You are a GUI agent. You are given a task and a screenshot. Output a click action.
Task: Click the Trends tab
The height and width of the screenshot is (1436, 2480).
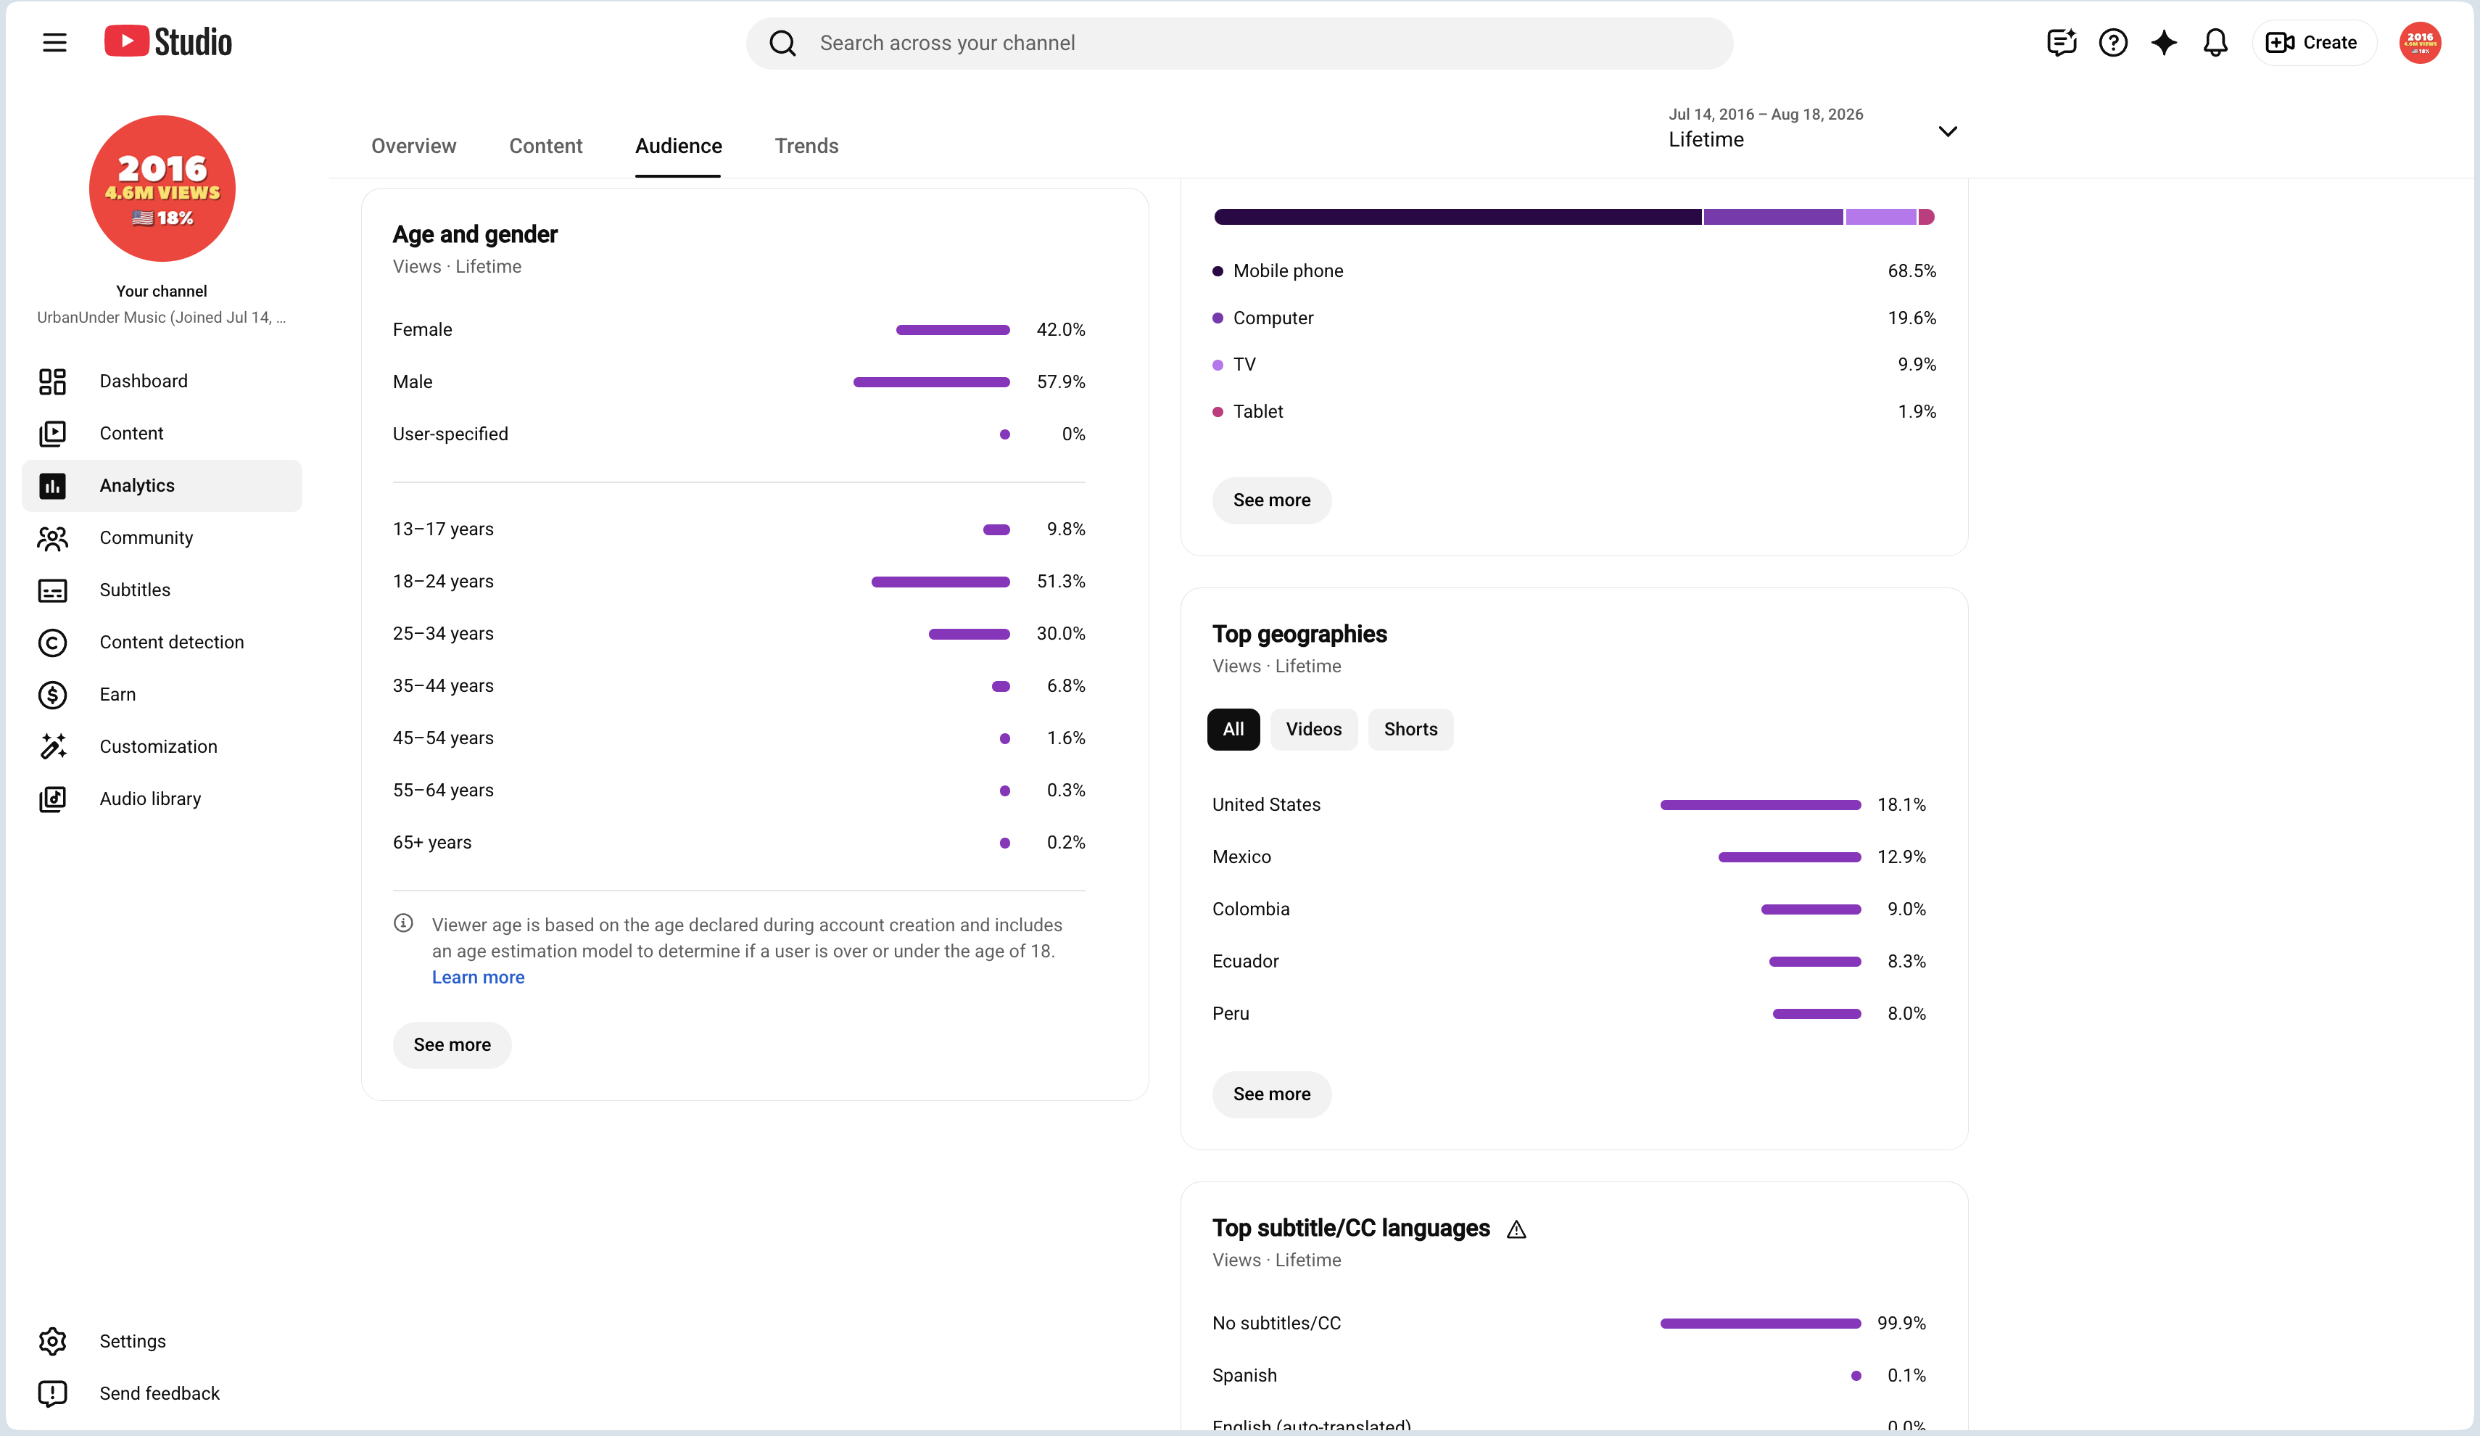pos(806,146)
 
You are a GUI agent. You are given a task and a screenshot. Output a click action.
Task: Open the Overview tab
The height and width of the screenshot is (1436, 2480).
pos(413,146)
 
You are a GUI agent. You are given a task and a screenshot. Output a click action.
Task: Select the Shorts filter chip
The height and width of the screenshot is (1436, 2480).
pos(1410,730)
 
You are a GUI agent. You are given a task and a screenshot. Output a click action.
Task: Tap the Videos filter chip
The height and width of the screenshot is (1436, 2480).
pos(1314,730)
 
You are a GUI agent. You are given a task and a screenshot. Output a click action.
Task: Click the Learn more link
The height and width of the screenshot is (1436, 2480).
pos(479,978)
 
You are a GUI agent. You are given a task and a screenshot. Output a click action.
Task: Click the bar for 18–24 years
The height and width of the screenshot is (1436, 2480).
pos(941,582)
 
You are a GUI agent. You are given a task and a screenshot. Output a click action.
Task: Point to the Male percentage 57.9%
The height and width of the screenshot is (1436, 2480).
pos(1061,382)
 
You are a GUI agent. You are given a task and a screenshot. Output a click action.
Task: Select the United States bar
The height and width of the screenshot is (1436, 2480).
pos(1761,805)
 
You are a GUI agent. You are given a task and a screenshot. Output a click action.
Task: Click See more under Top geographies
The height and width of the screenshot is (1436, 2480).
pos(1271,1094)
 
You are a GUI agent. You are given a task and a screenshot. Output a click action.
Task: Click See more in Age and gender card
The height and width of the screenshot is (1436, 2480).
pos(452,1045)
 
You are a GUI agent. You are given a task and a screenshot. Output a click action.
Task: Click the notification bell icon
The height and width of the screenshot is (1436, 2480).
pos(2215,42)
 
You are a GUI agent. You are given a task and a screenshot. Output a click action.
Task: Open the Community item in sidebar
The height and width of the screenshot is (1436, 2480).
pos(146,537)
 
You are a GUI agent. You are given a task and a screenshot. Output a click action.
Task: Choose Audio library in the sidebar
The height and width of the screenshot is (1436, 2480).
pos(149,799)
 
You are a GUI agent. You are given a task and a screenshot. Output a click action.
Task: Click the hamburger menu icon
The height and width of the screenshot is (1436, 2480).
pos(55,42)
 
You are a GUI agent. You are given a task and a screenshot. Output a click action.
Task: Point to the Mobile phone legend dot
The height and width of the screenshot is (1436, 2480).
pos(1218,271)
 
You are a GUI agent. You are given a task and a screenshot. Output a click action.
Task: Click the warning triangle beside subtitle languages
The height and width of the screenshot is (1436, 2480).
pos(1516,1229)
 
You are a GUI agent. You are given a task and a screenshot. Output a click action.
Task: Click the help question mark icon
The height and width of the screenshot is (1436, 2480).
pos(2113,42)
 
